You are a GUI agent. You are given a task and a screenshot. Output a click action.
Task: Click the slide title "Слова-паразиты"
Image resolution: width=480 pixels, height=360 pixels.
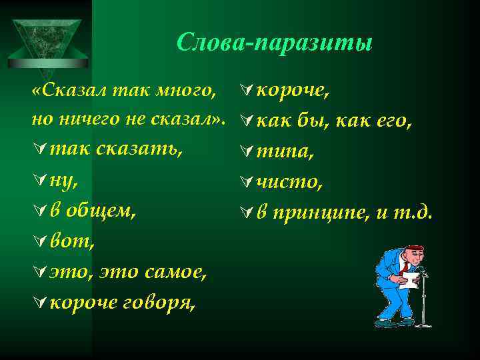275,43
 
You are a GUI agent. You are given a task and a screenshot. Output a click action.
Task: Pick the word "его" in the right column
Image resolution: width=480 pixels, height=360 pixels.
393,121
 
